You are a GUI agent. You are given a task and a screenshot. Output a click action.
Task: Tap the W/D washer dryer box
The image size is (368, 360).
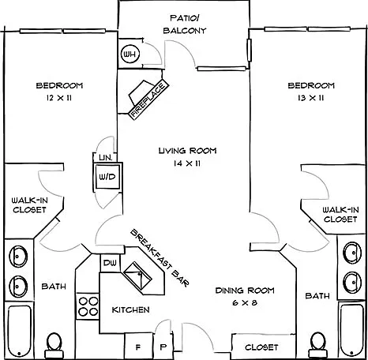107,177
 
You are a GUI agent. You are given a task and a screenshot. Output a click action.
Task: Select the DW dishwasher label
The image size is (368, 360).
110,263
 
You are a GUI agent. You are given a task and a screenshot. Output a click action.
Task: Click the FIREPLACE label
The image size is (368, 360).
149,99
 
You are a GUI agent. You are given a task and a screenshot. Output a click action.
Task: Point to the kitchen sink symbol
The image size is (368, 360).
137,276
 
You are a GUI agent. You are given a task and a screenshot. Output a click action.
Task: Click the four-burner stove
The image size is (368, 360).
88,306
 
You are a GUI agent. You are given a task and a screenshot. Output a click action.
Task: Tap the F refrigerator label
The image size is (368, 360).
138,347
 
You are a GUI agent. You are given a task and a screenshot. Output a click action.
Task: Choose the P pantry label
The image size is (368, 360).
163,347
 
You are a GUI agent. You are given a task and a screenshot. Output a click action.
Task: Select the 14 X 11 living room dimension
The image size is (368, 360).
187,163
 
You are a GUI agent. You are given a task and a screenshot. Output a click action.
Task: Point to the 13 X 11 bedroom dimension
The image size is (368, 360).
311,98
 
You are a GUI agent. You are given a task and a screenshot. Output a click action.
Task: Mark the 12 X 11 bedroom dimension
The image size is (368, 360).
59,98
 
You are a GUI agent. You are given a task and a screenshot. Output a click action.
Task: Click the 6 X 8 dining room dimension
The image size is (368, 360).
245,302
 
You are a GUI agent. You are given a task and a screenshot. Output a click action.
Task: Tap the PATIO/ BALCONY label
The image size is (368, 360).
185,24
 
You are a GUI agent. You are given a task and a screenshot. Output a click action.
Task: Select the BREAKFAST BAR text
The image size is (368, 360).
160,258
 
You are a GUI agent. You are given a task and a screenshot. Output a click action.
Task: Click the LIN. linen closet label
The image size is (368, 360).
106,158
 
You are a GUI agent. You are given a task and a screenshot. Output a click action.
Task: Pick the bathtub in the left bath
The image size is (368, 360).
19,330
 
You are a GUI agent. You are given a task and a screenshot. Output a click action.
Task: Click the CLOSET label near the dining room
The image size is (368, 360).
261,347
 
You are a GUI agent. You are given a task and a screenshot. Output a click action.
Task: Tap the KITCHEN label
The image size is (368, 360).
131,309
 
